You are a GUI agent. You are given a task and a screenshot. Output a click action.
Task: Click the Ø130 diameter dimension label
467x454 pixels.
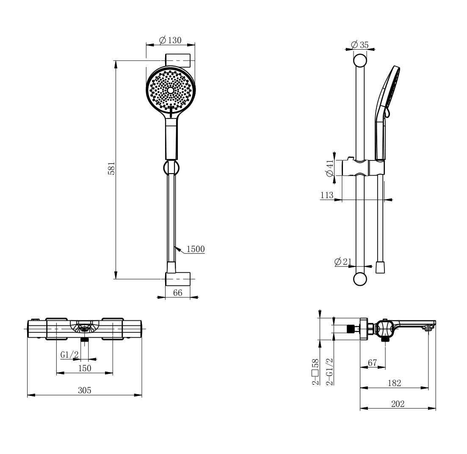(170, 40)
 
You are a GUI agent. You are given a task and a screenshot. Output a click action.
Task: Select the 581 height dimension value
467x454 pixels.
(111, 168)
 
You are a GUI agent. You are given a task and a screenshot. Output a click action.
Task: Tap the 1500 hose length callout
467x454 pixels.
(195, 249)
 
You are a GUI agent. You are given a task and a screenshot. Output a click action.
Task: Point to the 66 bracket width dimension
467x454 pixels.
(177, 292)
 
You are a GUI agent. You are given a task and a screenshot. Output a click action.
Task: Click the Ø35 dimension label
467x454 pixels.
(360, 45)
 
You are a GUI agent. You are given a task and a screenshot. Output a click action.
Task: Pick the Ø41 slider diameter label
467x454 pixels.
(330, 168)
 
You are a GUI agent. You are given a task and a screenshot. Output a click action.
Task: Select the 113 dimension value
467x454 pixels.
(327, 195)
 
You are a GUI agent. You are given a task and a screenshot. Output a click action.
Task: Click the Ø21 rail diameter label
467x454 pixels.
(343, 262)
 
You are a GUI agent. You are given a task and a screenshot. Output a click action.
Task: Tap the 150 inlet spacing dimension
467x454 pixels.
(85, 368)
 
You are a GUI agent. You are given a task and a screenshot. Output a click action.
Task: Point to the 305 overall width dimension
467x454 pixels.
(85, 390)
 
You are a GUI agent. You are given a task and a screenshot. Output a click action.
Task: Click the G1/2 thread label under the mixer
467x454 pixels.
(69, 355)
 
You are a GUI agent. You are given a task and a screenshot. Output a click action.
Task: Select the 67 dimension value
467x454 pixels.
(372, 362)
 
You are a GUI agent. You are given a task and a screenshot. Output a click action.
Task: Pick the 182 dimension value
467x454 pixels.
(394, 383)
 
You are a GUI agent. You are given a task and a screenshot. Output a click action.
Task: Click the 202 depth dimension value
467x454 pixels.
(398, 404)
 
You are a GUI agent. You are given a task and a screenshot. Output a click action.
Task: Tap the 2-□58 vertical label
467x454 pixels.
(315, 372)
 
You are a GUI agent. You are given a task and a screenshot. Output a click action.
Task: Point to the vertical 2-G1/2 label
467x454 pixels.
(330, 372)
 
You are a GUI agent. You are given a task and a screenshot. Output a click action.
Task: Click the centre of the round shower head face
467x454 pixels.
(170, 90)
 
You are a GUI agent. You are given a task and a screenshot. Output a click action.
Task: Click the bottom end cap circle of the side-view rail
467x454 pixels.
(360, 279)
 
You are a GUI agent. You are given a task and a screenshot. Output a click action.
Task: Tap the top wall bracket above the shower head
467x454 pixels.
(178, 60)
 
